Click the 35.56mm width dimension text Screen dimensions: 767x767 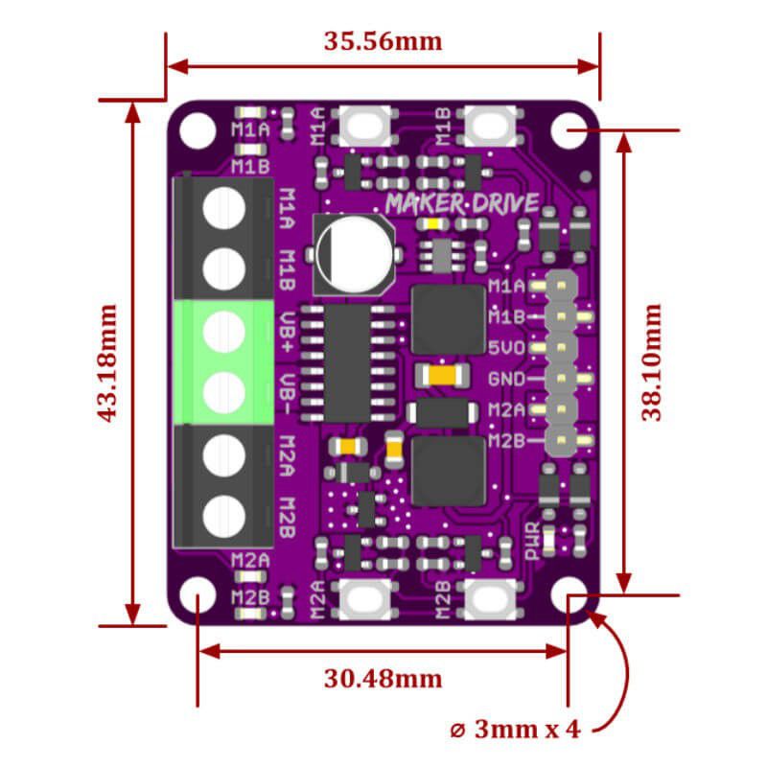[x=383, y=41]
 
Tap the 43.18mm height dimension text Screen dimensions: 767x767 [x=107, y=362]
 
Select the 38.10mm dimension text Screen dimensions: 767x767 [x=653, y=362]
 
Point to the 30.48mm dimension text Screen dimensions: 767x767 [x=383, y=679]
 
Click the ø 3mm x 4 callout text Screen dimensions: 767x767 [x=515, y=729]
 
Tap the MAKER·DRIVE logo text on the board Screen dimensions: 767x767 [x=462, y=202]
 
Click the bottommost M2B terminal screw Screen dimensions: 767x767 [x=223, y=515]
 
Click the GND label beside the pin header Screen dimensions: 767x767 [x=505, y=379]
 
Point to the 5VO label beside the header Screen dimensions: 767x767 [x=505, y=348]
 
